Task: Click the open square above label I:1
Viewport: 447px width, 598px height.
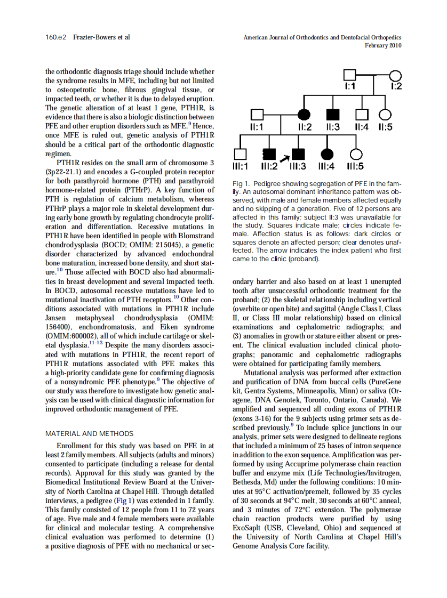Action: coord(349,76)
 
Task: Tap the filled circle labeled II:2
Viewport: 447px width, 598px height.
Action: coord(305,114)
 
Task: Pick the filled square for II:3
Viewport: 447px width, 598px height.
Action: coord(332,114)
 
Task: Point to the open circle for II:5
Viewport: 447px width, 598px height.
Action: coord(386,114)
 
